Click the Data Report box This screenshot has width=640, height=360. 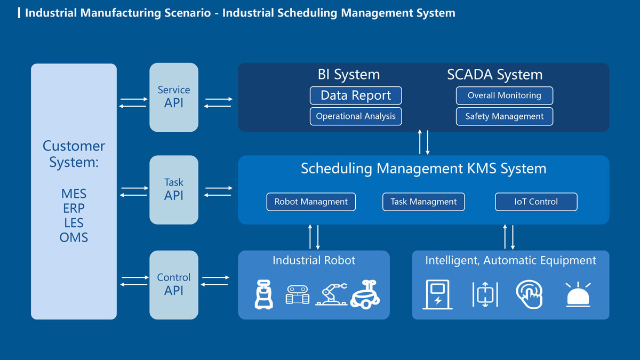(356, 95)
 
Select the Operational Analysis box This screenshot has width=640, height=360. (356, 116)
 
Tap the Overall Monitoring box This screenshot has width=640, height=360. (504, 95)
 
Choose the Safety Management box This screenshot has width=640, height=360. (504, 116)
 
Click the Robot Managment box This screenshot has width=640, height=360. (311, 202)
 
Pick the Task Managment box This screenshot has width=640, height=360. (423, 202)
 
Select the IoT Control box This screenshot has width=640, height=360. (536, 202)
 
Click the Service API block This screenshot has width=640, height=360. (174, 97)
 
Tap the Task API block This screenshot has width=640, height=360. (174, 190)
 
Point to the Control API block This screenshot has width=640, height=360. (174, 285)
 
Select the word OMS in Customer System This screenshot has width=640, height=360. (74, 237)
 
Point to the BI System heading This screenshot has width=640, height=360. (349, 75)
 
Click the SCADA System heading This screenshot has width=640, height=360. (494, 75)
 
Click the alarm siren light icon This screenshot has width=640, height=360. (578, 294)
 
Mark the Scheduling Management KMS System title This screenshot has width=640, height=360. (423, 169)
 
